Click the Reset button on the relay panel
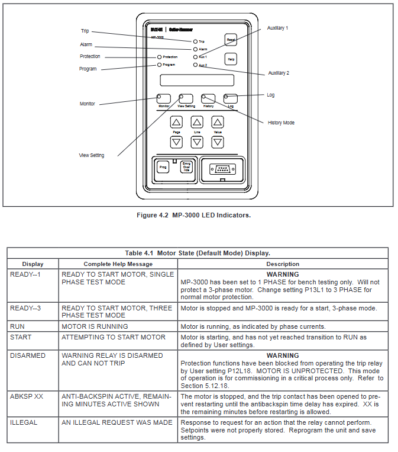click(x=231, y=40)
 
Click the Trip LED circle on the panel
click(x=195, y=41)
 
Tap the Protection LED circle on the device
click(x=159, y=57)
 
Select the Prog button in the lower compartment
click(x=164, y=167)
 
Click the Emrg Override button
click(x=186, y=167)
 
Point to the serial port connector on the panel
click(x=222, y=168)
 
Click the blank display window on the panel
click(x=196, y=80)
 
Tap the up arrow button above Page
click(x=176, y=122)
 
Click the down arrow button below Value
click(x=218, y=142)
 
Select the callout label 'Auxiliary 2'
click(x=279, y=73)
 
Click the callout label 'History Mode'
click(x=281, y=123)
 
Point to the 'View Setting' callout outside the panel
click(x=92, y=155)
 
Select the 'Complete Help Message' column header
click(x=118, y=264)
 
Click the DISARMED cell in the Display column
click(x=28, y=355)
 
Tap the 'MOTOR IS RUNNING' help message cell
click(x=95, y=326)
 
